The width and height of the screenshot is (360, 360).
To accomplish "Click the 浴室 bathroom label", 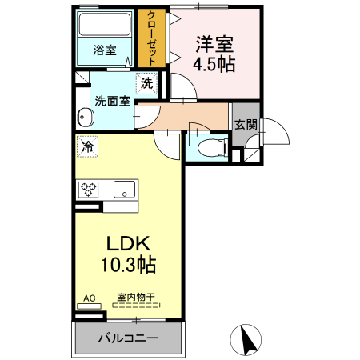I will [x=105, y=50].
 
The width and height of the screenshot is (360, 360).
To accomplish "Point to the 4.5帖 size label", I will [x=214, y=65].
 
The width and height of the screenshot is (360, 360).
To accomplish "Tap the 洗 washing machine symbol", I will [x=147, y=83].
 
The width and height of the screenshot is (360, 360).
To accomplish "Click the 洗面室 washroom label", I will [x=110, y=102].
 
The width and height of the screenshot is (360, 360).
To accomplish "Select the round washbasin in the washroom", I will [x=82, y=117].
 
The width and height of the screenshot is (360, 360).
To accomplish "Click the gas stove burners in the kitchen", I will [x=87, y=190].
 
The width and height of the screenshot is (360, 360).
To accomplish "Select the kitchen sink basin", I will [x=123, y=190].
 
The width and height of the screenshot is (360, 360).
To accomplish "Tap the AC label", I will [x=89, y=298].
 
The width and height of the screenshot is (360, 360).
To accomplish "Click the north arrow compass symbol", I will [x=248, y=339].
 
